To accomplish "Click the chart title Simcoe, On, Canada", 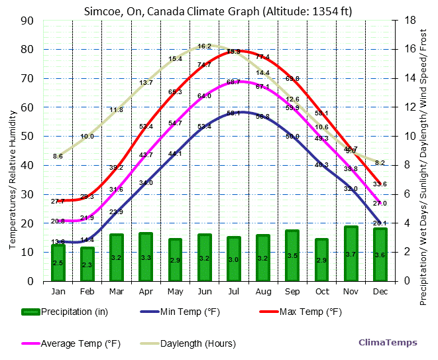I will [219, 11].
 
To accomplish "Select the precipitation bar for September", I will [292, 255].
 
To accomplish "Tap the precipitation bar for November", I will [351, 253].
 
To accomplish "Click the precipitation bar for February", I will [87, 264].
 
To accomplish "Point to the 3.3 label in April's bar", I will [146, 257].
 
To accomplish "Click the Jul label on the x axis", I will [234, 290].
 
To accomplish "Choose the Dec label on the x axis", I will [380, 290].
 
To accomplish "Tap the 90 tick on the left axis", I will [28, 20].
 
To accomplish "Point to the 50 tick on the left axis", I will [28, 136].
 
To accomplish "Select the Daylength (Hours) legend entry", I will [188, 343].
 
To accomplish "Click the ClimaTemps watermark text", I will [388, 343].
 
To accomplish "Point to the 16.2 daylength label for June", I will [204, 46].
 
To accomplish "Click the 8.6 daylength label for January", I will [58, 156].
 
